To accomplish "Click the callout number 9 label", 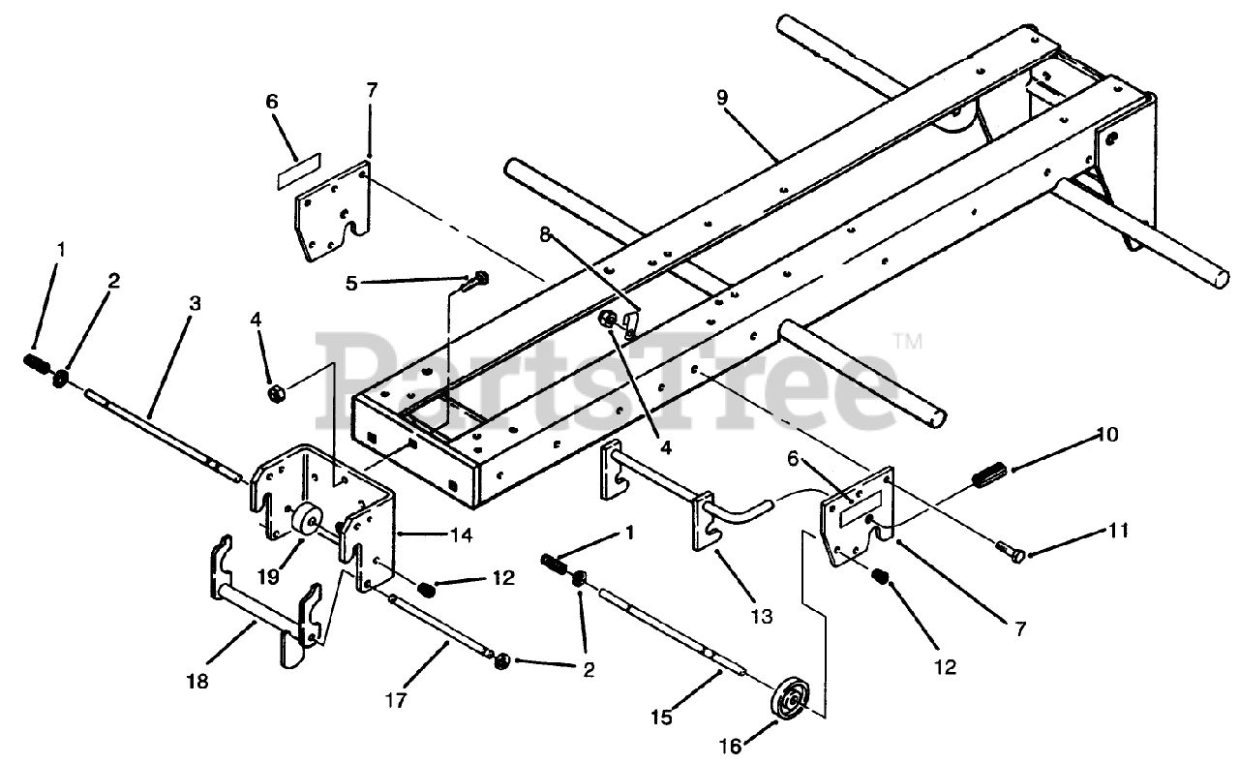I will [x=721, y=98].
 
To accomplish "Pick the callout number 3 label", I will [x=195, y=302].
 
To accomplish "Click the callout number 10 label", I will [x=1108, y=435].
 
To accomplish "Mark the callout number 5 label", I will [x=352, y=284].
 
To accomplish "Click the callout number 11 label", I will [x=1118, y=530].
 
